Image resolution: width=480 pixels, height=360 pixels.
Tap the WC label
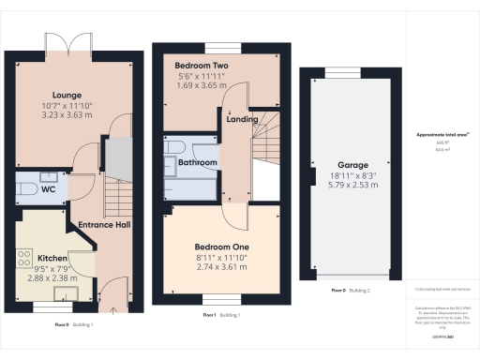coord(24,188)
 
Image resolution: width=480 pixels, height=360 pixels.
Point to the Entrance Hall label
coord(105,225)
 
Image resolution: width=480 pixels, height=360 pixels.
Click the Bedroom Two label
coord(202,66)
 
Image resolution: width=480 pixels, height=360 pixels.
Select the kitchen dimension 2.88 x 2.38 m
coord(51,277)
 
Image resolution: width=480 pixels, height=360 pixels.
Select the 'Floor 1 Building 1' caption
coord(222,315)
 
